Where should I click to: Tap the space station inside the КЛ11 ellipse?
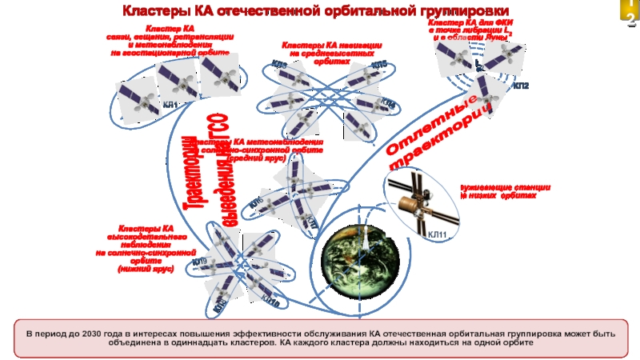416,200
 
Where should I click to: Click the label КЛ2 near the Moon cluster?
521,85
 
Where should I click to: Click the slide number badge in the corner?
630,14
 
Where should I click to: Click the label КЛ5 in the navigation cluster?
379,64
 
